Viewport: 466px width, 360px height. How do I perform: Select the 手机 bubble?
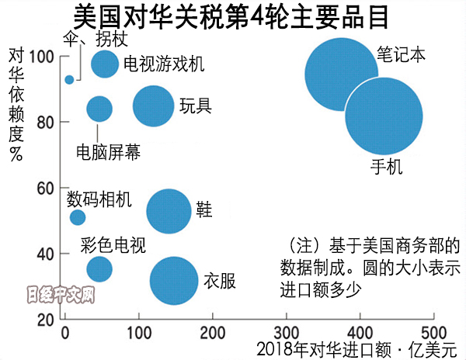pyautogui.click(x=384, y=116)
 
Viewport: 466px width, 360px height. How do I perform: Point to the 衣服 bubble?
pyautogui.click(x=173, y=281)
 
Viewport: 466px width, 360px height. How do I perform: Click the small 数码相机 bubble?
pyautogui.click(x=78, y=217)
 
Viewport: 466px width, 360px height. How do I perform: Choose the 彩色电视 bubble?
pyautogui.click(x=99, y=268)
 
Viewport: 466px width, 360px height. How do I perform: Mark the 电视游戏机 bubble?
pyautogui.click(x=105, y=64)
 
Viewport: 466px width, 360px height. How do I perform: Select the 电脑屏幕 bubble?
pyautogui.click(x=99, y=109)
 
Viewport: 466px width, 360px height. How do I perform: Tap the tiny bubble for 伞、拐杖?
pyautogui.click(x=69, y=79)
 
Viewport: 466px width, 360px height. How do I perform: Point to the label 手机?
pyautogui.click(x=386, y=166)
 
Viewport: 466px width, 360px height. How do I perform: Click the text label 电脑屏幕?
pyautogui.click(x=109, y=152)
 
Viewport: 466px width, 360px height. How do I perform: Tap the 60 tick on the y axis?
pyautogui.click(x=45, y=189)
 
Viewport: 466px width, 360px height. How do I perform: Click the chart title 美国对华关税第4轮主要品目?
pyautogui.click(x=234, y=17)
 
